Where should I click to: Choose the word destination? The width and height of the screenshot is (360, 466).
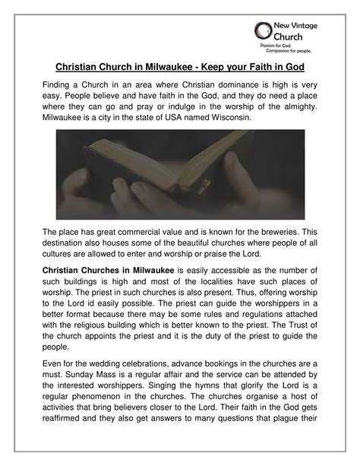tap(65, 244)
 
